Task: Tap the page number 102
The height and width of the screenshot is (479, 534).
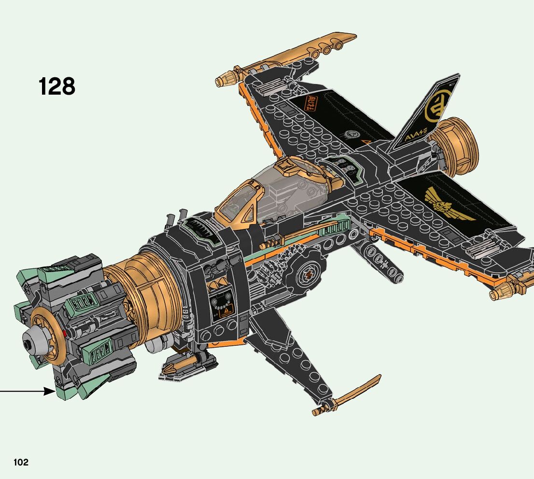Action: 21,462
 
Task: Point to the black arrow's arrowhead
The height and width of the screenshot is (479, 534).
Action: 50,391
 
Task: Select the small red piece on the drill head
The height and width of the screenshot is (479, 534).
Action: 64,333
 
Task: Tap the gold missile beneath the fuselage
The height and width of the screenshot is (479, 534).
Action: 179,367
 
